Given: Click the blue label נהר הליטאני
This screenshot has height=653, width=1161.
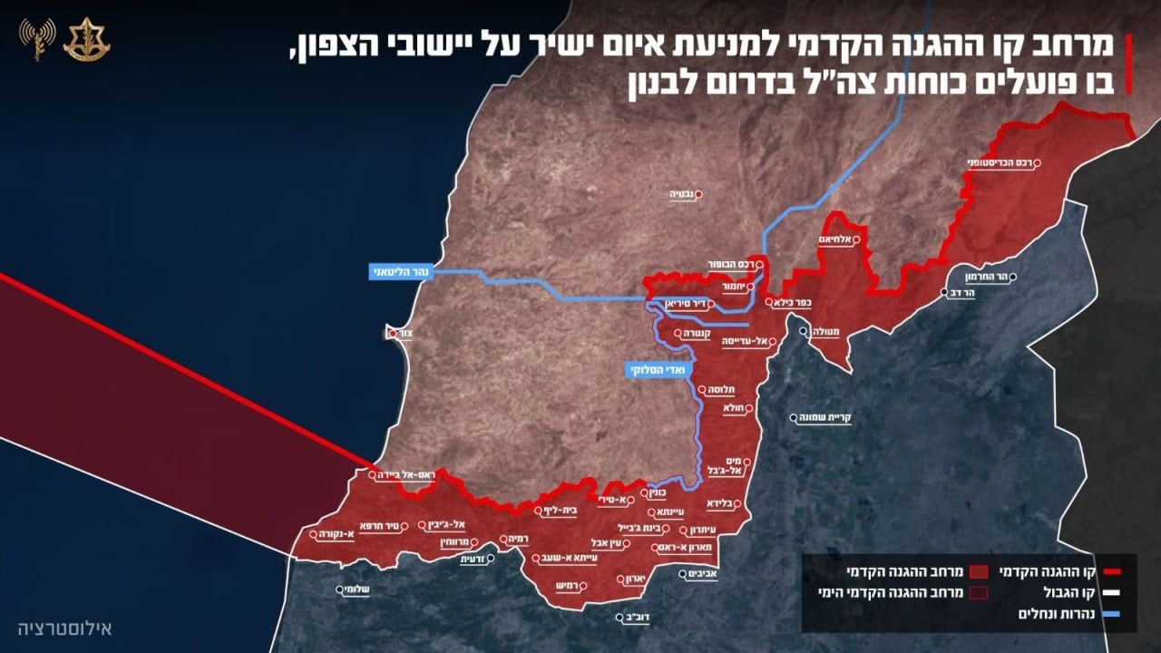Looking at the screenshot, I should (x=398, y=272).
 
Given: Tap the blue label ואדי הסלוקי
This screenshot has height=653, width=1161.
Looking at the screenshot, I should (x=657, y=370).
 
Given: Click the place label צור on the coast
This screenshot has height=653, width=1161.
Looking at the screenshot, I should (x=405, y=334).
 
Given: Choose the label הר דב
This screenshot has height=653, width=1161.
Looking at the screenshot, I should (x=963, y=293).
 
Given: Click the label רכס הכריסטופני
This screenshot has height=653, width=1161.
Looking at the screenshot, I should (x=999, y=163).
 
